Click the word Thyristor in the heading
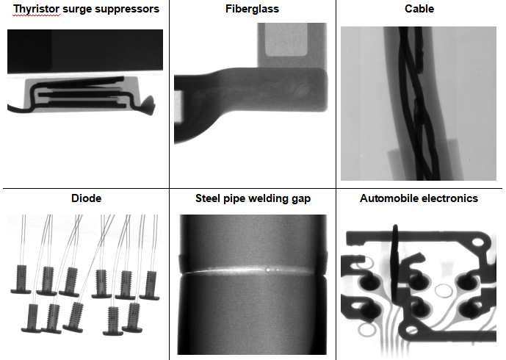37,10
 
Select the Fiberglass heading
253,9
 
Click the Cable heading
419,9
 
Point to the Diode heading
86,198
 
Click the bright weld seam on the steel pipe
247,270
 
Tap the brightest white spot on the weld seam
267,269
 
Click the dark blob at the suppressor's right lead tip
149,105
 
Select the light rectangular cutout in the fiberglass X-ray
286,40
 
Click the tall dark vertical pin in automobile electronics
395,262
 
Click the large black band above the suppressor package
85,51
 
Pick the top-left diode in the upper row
21,280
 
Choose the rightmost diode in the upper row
150,285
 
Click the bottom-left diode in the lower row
32,318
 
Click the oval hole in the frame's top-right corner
480,242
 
